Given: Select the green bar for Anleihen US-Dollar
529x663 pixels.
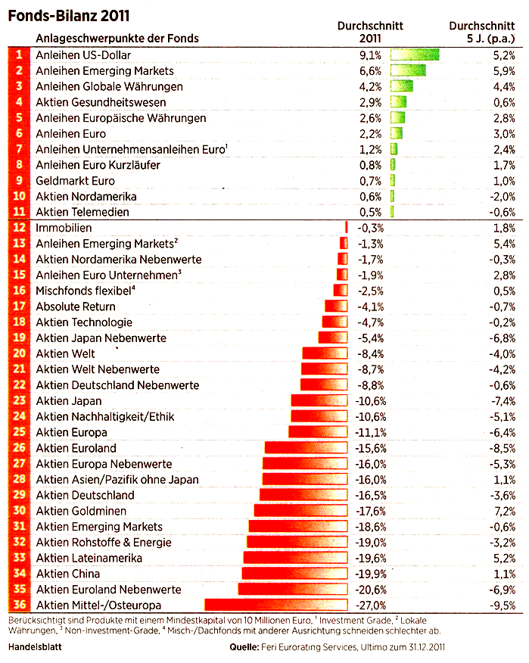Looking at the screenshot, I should [415, 54].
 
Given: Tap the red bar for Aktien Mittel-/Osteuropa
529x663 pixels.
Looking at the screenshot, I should [275, 605].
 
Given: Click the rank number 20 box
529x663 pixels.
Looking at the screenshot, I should [20, 353].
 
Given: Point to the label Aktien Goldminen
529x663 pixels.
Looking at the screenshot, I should [81, 511].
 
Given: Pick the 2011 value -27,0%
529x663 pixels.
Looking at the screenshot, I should [372, 605].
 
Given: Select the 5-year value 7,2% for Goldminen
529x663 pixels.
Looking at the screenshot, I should [504, 511].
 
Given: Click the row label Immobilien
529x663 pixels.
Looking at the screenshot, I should [64, 228].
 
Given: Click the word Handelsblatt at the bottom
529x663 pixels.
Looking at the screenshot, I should [35, 647].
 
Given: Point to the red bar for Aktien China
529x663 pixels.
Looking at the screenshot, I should [294, 574].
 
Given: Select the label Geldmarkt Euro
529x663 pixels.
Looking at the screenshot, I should [75, 181].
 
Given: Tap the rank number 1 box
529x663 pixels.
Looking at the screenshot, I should [20, 54].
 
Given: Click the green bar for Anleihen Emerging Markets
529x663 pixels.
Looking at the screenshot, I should [407, 70].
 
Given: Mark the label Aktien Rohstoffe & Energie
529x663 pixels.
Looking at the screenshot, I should [104, 542].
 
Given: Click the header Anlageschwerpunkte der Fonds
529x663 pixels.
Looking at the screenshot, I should [117, 38].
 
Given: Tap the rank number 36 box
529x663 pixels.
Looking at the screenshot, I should [20, 605].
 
